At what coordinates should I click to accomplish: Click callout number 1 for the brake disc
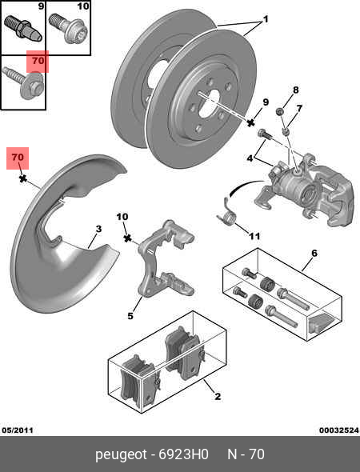tap(265, 19)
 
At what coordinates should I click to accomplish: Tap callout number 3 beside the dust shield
tap(98, 229)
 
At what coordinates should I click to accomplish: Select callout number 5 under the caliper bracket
tap(130, 316)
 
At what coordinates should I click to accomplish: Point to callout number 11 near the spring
tap(254, 236)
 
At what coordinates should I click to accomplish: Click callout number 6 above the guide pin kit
tap(314, 253)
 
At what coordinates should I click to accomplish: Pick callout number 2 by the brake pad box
tap(218, 397)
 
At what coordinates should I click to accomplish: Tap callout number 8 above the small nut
tap(295, 90)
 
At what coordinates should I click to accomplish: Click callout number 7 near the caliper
tap(299, 108)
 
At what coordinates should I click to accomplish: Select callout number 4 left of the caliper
tap(250, 158)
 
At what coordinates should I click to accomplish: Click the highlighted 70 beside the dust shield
tap(18, 157)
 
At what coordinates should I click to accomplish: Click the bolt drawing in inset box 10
tap(69, 28)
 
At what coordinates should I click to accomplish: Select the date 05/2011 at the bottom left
tap(18, 430)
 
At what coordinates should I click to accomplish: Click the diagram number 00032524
tap(339, 430)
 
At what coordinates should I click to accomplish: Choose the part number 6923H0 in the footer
tap(183, 454)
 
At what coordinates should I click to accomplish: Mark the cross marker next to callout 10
tap(128, 238)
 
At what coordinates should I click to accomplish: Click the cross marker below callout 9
tap(250, 122)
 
